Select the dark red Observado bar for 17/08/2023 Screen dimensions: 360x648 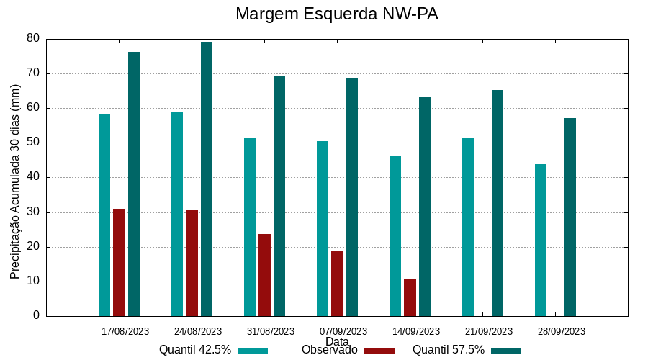119,262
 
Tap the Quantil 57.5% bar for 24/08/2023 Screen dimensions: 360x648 207,179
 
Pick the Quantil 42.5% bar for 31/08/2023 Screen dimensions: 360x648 250,227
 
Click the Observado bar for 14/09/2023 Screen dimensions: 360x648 410,297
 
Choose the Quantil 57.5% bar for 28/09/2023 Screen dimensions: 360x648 570,217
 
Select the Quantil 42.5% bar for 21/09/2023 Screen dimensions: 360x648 468,227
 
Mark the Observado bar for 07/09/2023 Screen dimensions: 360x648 337,283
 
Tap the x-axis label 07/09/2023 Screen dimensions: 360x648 343,332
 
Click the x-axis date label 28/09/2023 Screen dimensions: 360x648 562,332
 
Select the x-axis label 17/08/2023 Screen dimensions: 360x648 125,332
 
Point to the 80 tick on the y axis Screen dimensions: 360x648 33,38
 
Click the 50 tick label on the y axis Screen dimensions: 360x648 33,143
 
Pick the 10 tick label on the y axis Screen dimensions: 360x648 33,282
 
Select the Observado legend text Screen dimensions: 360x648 329,350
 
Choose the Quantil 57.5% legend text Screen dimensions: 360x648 448,350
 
